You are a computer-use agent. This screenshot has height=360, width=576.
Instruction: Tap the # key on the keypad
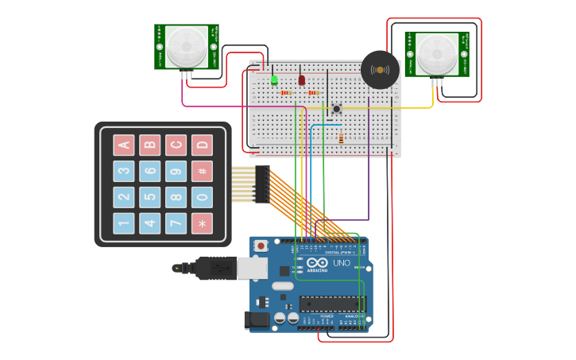pos(202,171)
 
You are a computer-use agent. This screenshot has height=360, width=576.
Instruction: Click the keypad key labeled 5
pos(149,197)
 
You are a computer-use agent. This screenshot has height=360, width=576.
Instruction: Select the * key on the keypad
pos(202,223)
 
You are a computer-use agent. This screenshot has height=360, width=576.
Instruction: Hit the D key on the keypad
pos(202,145)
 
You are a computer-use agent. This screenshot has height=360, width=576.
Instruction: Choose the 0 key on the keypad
pos(202,197)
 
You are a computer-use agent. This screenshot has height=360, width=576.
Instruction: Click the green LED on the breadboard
pos(274,79)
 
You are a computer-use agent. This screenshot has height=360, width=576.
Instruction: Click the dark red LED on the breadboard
pos(302,79)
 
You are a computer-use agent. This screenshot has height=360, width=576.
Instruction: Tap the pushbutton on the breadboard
pos(337,108)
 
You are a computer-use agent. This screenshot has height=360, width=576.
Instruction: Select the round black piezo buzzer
pos(380,70)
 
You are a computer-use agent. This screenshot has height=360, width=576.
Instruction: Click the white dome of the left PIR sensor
pos(185,46)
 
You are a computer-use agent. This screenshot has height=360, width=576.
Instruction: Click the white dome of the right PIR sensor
pos(436,53)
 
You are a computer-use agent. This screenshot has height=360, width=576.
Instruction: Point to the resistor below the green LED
pos(286,93)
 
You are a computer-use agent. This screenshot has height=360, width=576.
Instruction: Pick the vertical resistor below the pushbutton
pos(341,139)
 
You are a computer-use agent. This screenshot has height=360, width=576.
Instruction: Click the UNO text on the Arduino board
pos(341,263)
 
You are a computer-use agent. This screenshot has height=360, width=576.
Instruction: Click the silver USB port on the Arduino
pos(252,268)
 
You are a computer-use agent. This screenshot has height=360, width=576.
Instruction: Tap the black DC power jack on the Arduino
pos(256,320)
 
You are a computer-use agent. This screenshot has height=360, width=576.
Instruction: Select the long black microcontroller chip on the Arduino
pos(331,303)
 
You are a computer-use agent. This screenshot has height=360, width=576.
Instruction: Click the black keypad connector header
pos(262,184)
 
